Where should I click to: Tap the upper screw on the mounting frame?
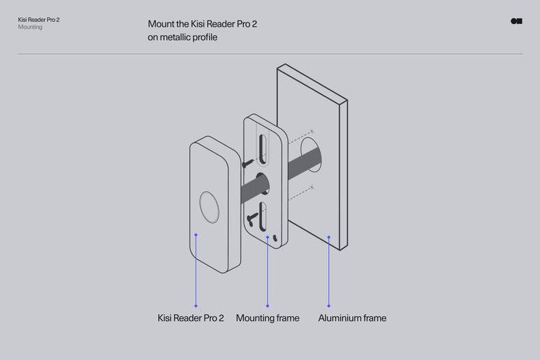246,163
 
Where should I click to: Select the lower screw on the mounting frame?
252,219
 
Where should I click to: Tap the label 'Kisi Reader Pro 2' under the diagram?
191,318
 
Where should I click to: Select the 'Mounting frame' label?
267,318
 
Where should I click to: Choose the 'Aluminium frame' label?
352,318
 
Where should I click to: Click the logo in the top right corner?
517,21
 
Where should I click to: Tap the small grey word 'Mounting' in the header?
30,27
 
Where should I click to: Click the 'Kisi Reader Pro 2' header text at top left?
38,20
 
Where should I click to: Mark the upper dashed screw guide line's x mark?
312,131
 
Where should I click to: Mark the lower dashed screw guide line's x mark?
312,187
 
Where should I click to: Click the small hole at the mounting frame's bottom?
275,238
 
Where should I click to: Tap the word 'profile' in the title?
204,38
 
